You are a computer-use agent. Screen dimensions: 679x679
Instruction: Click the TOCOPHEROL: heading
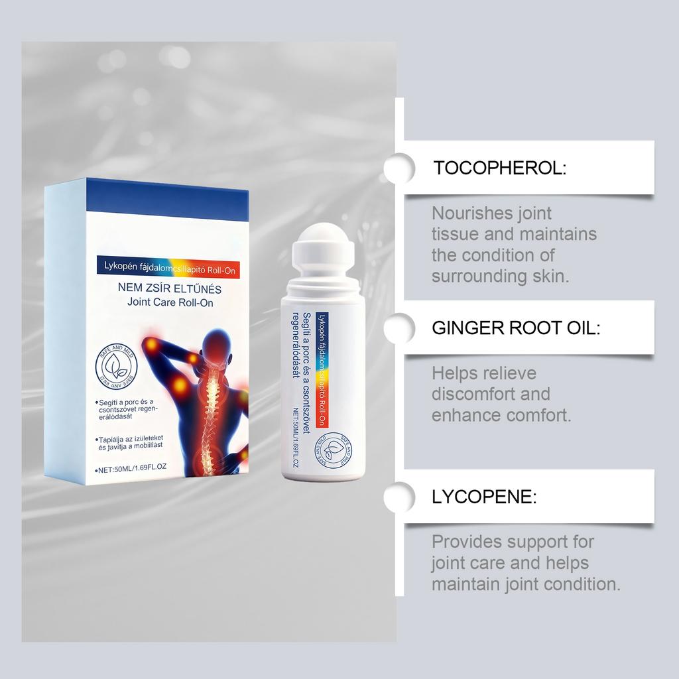tap(499, 168)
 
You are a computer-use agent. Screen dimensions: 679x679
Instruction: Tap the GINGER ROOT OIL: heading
tap(515, 328)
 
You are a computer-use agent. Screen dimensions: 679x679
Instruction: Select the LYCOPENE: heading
tap(484, 497)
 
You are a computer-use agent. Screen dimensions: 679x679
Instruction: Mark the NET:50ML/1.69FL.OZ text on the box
tap(131, 468)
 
